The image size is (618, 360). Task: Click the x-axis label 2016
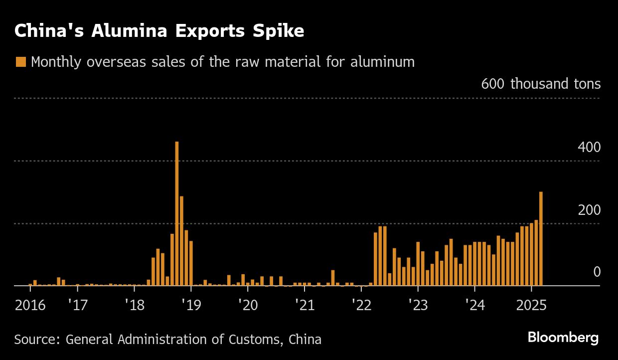(x=30, y=305)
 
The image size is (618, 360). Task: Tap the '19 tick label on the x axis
(x=191, y=305)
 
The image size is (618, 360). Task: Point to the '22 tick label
(x=361, y=305)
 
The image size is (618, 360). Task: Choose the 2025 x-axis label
(x=531, y=305)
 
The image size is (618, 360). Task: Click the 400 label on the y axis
(x=589, y=148)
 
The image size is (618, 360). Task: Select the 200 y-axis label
(x=589, y=210)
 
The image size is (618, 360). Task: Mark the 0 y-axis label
(x=597, y=272)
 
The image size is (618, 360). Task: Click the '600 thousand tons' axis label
(x=541, y=84)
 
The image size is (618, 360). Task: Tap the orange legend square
(x=20, y=62)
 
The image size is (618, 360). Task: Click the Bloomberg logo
(x=563, y=338)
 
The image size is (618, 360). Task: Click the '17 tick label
(x=78, y=305)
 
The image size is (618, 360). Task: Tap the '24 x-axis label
(x=475, y=305)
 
